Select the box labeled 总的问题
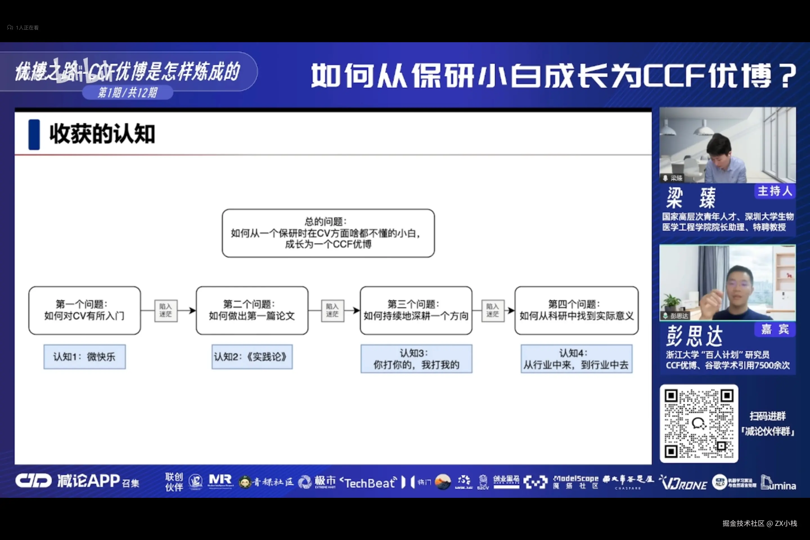tap(328, 233)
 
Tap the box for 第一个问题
tap(84, 310)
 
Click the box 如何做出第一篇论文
tap(252, 310)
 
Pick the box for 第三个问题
tap(416, 310)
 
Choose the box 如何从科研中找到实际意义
tap(576, 310)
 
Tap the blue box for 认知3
tap(416, 359)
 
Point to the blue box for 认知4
tap(576, 359)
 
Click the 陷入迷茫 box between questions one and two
tap(166, 310)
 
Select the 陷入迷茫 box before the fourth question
tap(492, 310)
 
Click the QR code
tap(698, 423)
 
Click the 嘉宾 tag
tap(775, 329)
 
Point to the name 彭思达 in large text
tap(694, 336)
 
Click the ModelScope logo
tap(575, 481)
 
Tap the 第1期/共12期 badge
tap(127, 92)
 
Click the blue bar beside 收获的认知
tap(34, 134)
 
